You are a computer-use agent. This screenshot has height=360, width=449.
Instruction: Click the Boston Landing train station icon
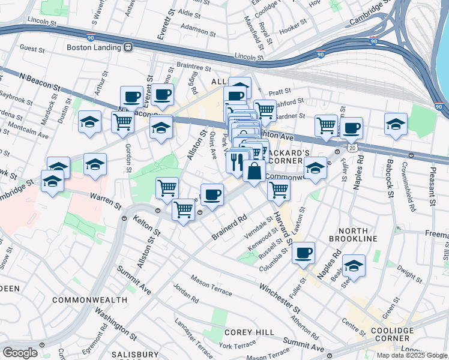(x=128, y=47)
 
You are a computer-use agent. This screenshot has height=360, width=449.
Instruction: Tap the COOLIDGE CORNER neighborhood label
(x=391, y=335)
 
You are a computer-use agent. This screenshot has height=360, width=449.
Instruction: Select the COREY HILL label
(x=249, y=332)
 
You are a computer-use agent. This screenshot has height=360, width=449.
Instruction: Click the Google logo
(x=20, y=353)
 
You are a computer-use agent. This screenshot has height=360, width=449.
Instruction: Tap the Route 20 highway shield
(x=351, y=146)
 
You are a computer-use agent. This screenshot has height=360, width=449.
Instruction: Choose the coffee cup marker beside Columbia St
(x=304, y=252)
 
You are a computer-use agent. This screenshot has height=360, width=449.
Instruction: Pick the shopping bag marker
(x=255, y=170)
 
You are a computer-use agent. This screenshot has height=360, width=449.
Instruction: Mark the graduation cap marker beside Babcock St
(x=396, y=124)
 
